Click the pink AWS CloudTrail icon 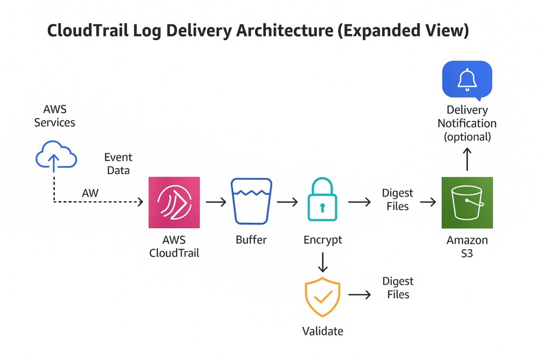pyautogui.click(x=174, y=202)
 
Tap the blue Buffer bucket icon pyautogui.click(x=251, y=202)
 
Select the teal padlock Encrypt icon pyautogui.click(x=322, y=200)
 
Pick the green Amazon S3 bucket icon pyautogui.click(x=467, y=202)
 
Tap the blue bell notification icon pyautogui.click(x=467, y=80)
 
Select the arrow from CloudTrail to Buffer pyautogui.click(x=215, y=202)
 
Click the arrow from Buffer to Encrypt pyautogui.click(x=287, y=202)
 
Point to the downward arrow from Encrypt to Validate pyautogui.click(x=323, y=261)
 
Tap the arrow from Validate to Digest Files pyautogui.click(x=360, y=295)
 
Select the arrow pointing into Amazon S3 pyautogui.click(x=428, y=202)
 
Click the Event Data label pyautogui.click(x=118, y=163)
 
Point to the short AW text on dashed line pyautogui.click(x=90, y=193)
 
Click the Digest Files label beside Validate pyautogui.click(x=398, y=288)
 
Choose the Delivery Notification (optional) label pyautogui.click(x=467, y=123)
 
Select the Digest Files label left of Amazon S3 pyautogui.click(x=397, y=199)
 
